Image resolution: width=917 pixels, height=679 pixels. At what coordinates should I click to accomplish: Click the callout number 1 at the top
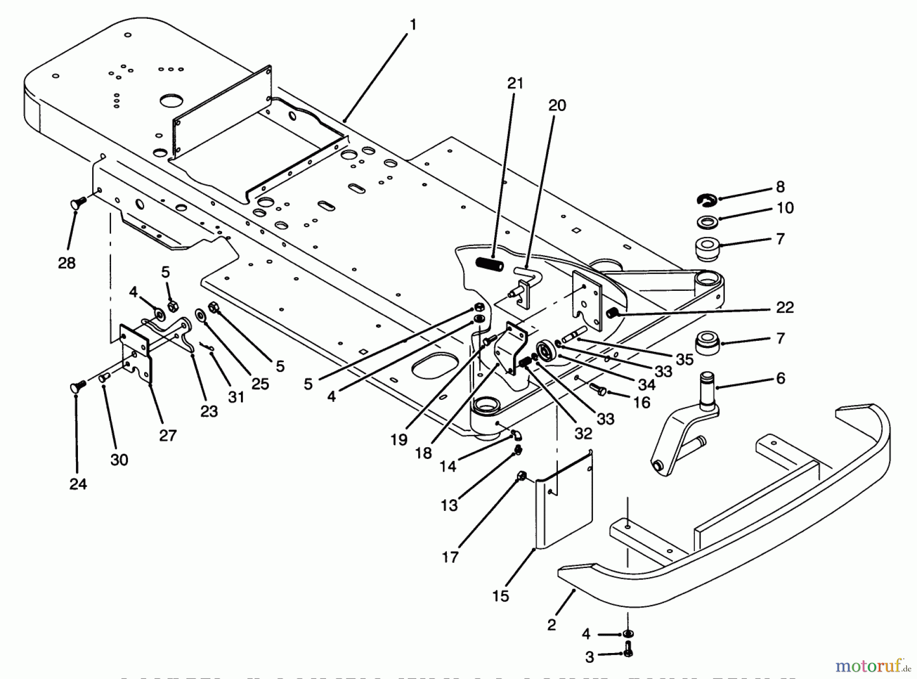[x=413, y=24]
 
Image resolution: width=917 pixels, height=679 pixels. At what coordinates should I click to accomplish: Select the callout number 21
[x=515, y=83]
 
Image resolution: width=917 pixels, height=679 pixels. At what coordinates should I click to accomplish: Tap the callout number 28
[x=67, y=263]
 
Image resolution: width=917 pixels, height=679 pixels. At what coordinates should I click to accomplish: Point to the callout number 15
[x=500, y=595]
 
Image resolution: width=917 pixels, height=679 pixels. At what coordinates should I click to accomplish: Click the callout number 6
[x=780, y=378]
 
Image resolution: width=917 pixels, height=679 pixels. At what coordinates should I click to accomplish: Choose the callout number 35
[x=684, y=359]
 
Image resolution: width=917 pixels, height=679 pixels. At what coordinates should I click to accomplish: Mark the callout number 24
[x=78, y=484]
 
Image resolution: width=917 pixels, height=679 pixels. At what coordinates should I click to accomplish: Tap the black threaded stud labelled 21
[x=490, y=265]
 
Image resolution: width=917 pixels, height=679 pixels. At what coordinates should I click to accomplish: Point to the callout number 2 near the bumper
[x=552, y=624]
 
